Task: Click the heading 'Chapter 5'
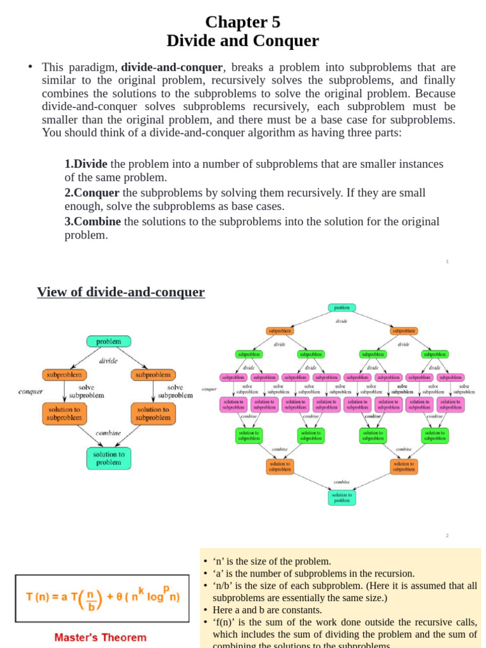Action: [242, 22]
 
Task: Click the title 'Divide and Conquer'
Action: [242, 41]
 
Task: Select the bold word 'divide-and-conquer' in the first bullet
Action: [172, 67]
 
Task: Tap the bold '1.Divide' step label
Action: [86, 164]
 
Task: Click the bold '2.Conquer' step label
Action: [92, 192]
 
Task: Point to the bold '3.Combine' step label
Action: [93, 221]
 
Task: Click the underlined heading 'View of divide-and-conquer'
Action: [121, 292]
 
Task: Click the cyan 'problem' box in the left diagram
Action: [109, 342]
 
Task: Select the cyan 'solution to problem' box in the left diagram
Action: [109, 458]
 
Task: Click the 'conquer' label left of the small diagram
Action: [30, 391]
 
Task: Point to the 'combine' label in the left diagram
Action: [108, 433]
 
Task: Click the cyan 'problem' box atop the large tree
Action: [342, 308]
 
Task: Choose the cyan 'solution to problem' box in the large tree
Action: [342, 497]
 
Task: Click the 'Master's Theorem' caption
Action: [100, 637]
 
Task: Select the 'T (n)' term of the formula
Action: [39, 597]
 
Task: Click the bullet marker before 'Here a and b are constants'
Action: [206, 610]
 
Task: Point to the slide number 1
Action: [447, 261]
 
